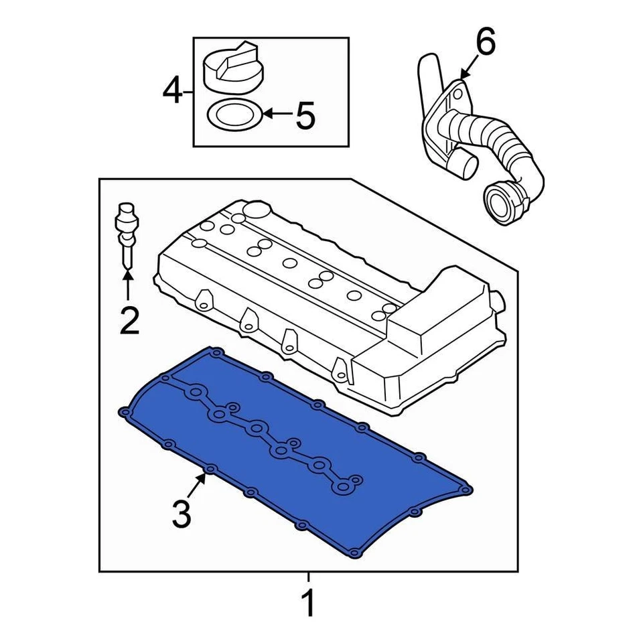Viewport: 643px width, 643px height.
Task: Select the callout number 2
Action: click(129, 320)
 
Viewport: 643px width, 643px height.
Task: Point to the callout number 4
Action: click(173, 90)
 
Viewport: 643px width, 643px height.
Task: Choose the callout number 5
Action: click(305, 116)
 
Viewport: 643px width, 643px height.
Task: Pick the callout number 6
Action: click(486, 44)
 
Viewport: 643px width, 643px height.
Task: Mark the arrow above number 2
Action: click(127, 285)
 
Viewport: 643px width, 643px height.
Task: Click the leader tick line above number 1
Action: click(308, 578)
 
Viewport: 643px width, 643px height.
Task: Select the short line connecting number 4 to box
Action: click(189, 90)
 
